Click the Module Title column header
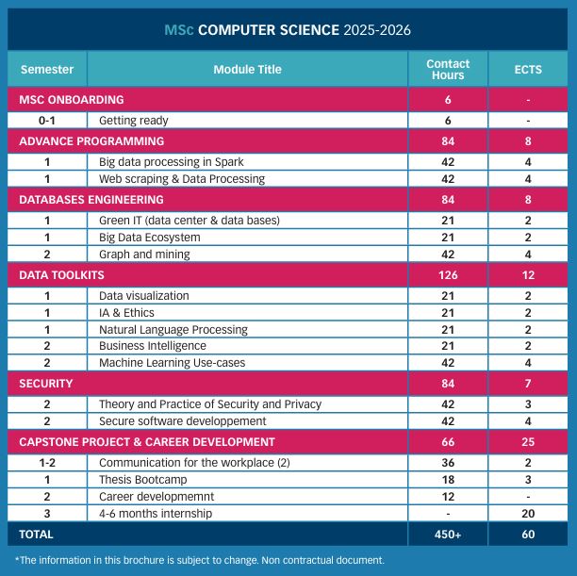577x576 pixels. coord(247,69)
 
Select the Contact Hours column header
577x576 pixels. coord(448,69)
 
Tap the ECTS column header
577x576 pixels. coord(528,69)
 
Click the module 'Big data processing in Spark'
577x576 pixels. coord(171,162)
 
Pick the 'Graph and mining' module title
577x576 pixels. coord(144,254)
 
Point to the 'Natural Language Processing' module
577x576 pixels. coord(173,330)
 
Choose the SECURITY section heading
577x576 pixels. coord(46,384)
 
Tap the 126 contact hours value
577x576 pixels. coord(448,274)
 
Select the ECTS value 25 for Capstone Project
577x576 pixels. coord(528,441)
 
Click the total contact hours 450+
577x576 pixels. coord(448,535)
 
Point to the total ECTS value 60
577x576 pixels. coord(528,535)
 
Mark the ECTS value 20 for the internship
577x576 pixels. coord(528,514)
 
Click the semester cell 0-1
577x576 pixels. coord(46,121)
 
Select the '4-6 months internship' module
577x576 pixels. coord(156,514)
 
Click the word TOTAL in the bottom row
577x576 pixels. coord(37,535)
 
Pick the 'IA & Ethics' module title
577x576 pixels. coord(126,313)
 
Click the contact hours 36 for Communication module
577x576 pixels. coord(448,463)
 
